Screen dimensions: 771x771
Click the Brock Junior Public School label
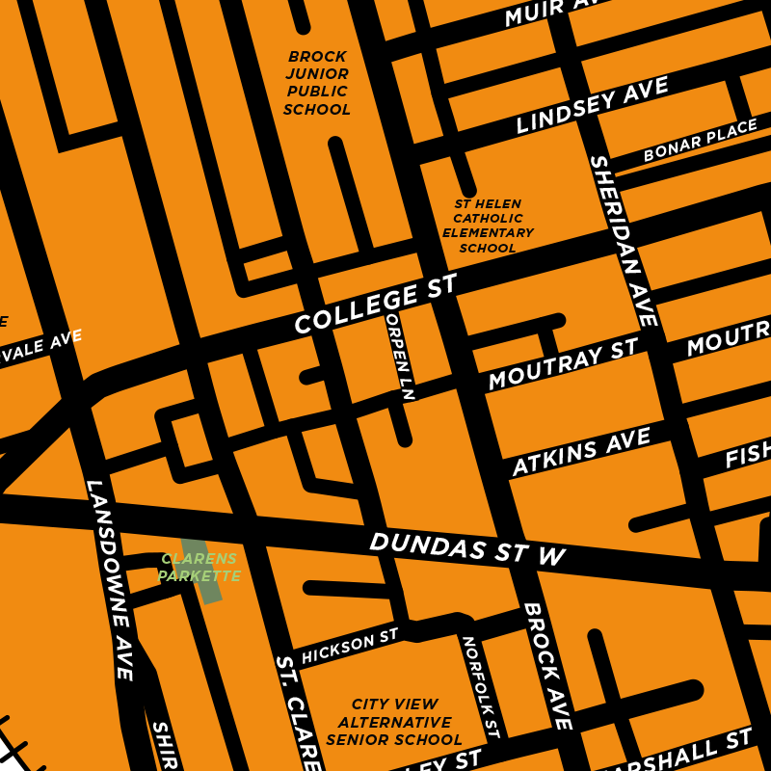pos(317,83)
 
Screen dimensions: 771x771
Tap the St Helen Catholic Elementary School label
pos(488,226)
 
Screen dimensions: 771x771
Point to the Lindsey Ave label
pos(592,106)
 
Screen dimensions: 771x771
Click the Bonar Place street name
pos(701,142)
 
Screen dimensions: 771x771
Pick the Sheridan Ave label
pos(625,241)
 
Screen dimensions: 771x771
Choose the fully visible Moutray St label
pos(564,363)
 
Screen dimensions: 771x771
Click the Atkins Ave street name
pos(581,453)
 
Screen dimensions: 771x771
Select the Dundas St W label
pos(466,548)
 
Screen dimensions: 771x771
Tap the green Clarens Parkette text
pos(199,568)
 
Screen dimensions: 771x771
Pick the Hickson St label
pos(350,646)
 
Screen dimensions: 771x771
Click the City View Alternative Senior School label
pos(394,722)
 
